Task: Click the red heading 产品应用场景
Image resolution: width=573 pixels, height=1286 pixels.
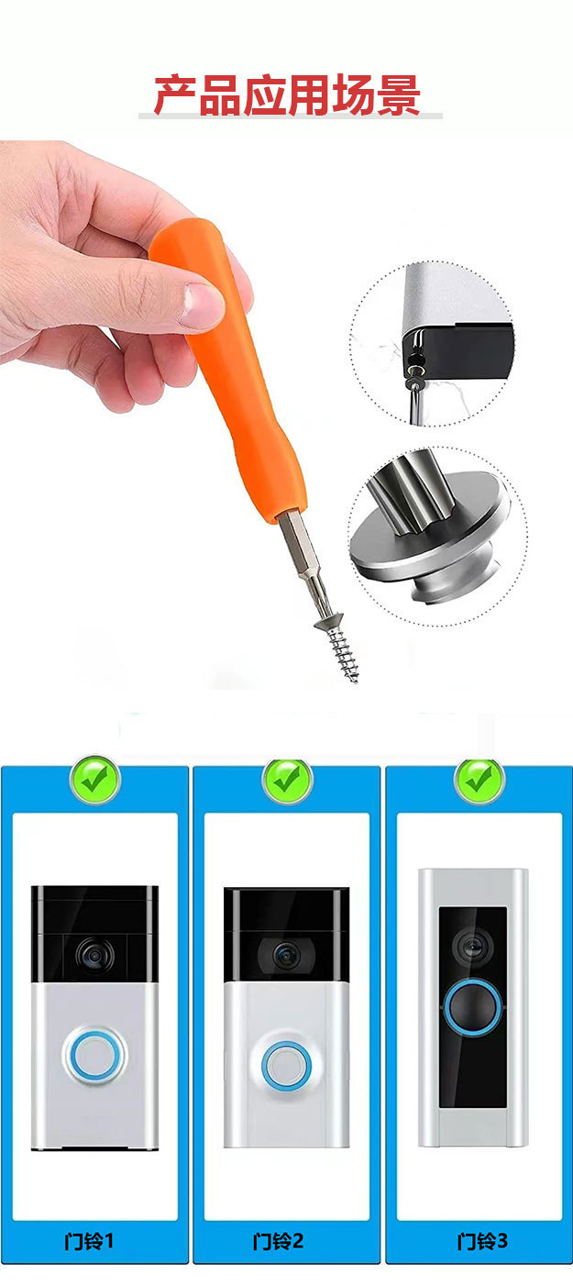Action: tap(287, 94)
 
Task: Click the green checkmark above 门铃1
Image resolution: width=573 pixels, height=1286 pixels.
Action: tap(94, 780)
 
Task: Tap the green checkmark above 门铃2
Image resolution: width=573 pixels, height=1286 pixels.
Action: tap(287, 780)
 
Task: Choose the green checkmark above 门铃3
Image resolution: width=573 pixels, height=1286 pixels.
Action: tap(479, 780)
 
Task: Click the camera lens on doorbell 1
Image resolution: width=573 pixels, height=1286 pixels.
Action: tap(94, 956)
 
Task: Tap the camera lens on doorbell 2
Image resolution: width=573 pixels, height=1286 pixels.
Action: tap(285, 955)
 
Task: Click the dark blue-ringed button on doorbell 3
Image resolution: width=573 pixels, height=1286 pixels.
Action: tap(473, 1007)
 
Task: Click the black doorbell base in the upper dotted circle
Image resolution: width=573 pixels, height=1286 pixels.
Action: tap(459, 350)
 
